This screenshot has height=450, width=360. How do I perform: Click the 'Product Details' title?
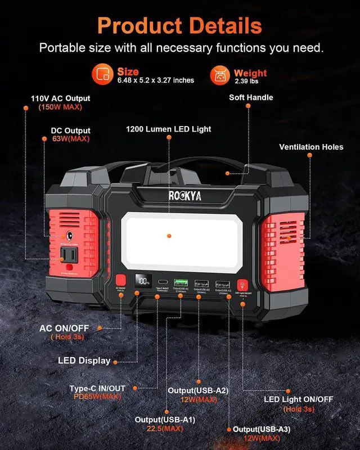coord(179,25)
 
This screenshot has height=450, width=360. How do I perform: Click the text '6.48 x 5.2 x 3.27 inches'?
coord(156,80)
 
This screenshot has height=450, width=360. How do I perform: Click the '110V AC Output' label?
coord(60,98)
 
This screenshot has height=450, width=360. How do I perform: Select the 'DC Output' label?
coord(70,130)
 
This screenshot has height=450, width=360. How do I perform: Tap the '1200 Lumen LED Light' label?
coord(169,129)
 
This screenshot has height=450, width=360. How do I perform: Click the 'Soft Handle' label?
coord(251,97)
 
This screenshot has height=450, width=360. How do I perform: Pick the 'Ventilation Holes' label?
coord(311,147)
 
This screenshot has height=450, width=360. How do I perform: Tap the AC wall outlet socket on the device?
coord(71,256)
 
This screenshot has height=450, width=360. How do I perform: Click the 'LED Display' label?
coord(84,361)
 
